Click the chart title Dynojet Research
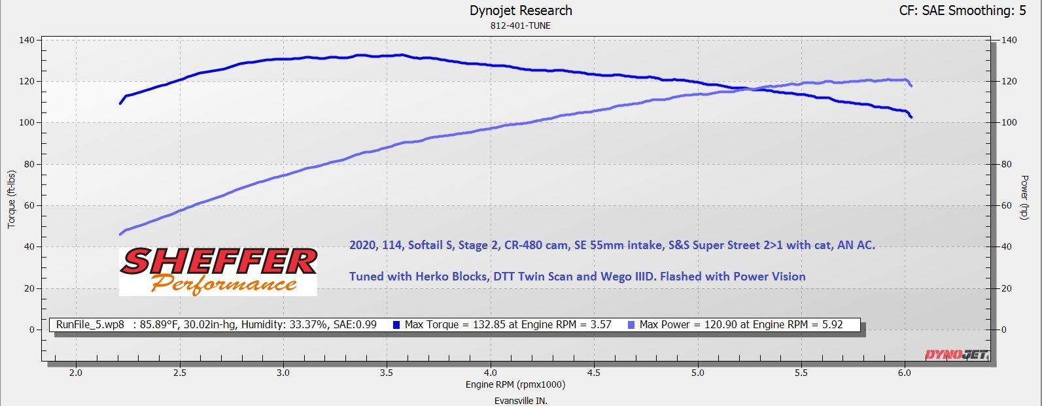pos(521,10)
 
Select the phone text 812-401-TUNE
pos(521,26)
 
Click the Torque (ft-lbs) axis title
pos(11,199)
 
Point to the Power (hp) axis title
pos(1025,197)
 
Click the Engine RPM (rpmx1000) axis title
pos(515,384)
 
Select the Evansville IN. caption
pos(521,400)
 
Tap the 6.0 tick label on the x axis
pos(905,373)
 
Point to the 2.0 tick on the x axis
pos(76,373)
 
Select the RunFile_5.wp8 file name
pos(90,324)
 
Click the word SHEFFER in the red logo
pos(218,262)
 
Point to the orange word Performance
pos(222,284)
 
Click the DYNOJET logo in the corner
pos(956,355)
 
